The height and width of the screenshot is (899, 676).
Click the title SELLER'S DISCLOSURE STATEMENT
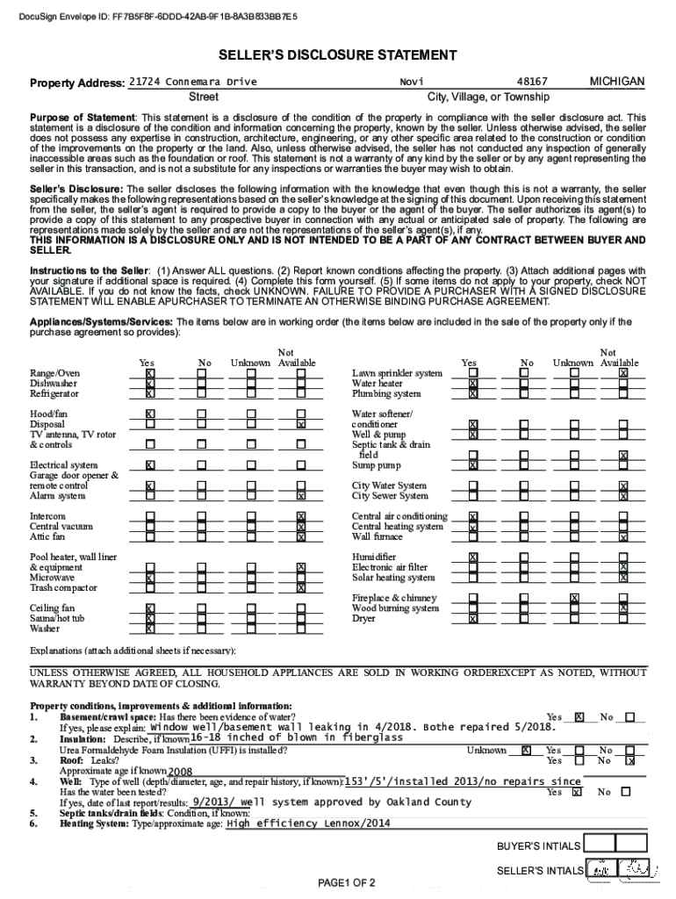coord(338,56)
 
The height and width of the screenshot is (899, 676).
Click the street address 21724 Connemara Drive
coord(192,82)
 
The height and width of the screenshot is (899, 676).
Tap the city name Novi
coord(411,82)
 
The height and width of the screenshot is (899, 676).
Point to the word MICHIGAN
coord(616,82)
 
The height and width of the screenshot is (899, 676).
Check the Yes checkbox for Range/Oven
coord(150,373)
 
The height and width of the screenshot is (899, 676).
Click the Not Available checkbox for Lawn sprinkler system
coord(623,373)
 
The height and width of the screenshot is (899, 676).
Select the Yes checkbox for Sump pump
coord(473,465)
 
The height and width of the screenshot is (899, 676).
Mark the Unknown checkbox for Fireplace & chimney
coord(574,599)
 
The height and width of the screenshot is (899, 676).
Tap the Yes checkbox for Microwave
coord(150,578)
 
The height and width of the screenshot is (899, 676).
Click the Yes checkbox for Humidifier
coord(473,557)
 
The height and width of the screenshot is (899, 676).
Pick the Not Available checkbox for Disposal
coord(301,424)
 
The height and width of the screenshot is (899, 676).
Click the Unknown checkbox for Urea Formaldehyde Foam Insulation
coord(526,751)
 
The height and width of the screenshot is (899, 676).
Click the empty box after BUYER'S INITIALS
coord(601,845)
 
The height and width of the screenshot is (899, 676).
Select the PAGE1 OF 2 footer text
coord(347,882)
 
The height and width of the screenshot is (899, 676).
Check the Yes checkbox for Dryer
coord(473,619)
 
